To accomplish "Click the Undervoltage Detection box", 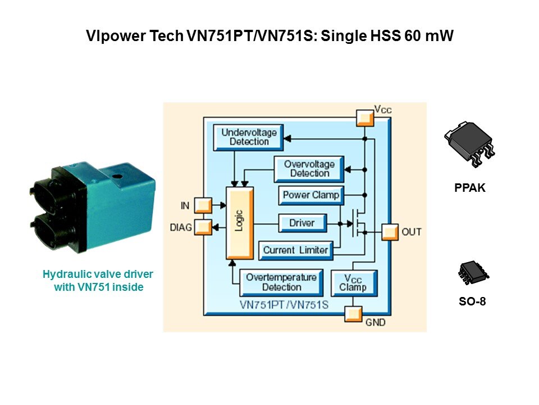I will tap(249, 137).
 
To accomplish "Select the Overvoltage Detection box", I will tap(309, 168).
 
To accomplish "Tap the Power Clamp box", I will tap(310, 195).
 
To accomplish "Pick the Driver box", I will tap(302, 223).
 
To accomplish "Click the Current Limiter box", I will tap(295, 250).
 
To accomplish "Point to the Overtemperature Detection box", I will tap(281, 282).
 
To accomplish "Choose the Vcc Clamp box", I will tap(353, 283).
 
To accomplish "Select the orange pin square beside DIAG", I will tap(202, 227).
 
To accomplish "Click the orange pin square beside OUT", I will tap(389, 231).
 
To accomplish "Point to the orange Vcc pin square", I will tap(364, 118).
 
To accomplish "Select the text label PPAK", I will tap(469, 189).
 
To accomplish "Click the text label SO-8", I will tap(472, 301).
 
